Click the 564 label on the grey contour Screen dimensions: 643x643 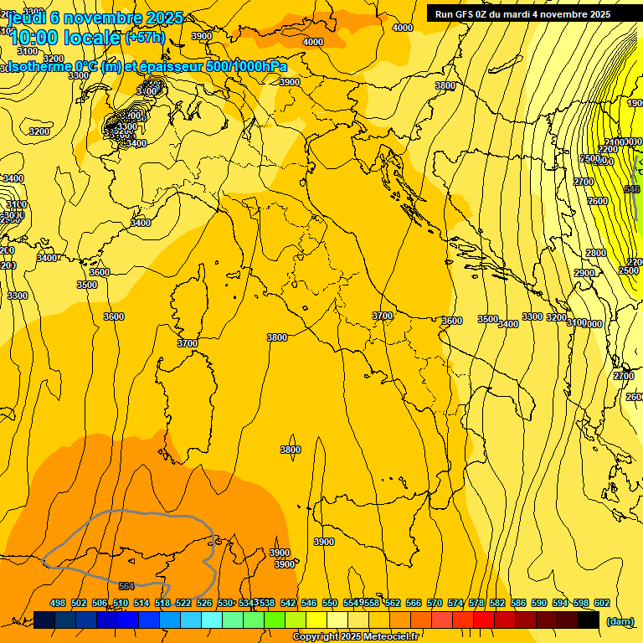[x=127, y=586]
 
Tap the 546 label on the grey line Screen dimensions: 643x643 [x=633, y=190]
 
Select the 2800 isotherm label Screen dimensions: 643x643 [x=595, y=253]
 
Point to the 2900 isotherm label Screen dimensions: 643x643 [x=584, y=274]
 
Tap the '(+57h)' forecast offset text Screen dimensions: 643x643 [x=145, y=37]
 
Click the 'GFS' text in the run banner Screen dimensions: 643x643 [x=465, y=14]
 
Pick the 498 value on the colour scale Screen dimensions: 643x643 [x=58, y=603]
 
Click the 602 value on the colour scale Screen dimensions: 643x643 [x=602, y=603]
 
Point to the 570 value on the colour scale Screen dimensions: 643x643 [x=435, y=603]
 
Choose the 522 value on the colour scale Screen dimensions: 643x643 [x=183, y=603]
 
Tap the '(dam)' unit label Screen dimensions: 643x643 [x=620, y=621]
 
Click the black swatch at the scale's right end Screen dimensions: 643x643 [x=588, y=620]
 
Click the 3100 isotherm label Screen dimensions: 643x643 [x=576, y=322]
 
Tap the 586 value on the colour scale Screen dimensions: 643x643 [x=518, y=603]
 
